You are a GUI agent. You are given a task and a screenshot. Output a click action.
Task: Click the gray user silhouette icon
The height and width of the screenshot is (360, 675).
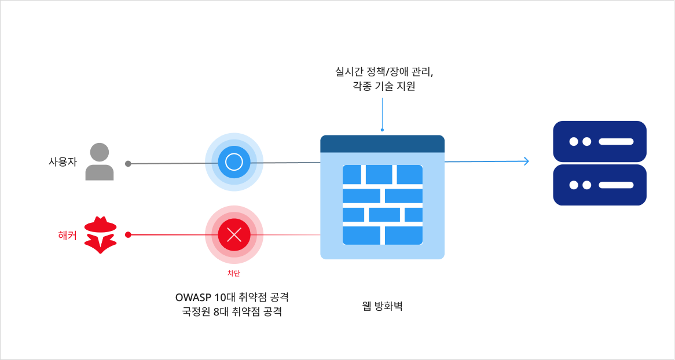[100, 162]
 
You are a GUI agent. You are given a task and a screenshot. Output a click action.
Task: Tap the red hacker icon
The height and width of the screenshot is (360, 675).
[100, 235]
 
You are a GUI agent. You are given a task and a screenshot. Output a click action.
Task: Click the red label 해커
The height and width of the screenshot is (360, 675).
[68, 235]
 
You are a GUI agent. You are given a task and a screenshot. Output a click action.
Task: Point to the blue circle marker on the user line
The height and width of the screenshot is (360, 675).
[234, 162]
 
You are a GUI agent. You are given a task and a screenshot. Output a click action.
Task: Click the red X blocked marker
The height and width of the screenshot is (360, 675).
[234, 234]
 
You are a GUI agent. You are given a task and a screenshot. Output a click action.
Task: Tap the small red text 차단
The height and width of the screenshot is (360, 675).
[234, 273]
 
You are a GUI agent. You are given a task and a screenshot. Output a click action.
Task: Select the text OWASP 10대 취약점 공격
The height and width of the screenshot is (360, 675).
[232, 297]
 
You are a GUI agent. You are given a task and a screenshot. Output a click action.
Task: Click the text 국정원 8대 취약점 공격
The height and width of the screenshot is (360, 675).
[232, 312]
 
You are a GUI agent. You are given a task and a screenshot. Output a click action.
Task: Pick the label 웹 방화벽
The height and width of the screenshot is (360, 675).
[382, 306]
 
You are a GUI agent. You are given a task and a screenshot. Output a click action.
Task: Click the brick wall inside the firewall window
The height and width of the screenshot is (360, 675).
[382, 205]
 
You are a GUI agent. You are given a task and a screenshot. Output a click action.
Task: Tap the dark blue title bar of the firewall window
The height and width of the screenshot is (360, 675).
[382, 144]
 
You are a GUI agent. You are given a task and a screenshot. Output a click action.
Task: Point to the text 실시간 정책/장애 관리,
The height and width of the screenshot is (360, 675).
[384, 72]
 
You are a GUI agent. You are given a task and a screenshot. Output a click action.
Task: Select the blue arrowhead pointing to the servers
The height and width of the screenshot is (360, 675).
[526, 161]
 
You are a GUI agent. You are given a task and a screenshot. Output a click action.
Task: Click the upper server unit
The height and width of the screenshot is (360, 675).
[600, 141]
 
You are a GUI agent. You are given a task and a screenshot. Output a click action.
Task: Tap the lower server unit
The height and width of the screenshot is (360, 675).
[600, 185]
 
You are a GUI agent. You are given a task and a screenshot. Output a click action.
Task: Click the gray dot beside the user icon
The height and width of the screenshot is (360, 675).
[128, 164]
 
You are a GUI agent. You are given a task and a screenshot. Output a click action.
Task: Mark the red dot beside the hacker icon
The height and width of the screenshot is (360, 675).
[128, 235]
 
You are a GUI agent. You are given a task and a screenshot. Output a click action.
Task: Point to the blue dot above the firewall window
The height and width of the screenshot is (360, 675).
[382, 130]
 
